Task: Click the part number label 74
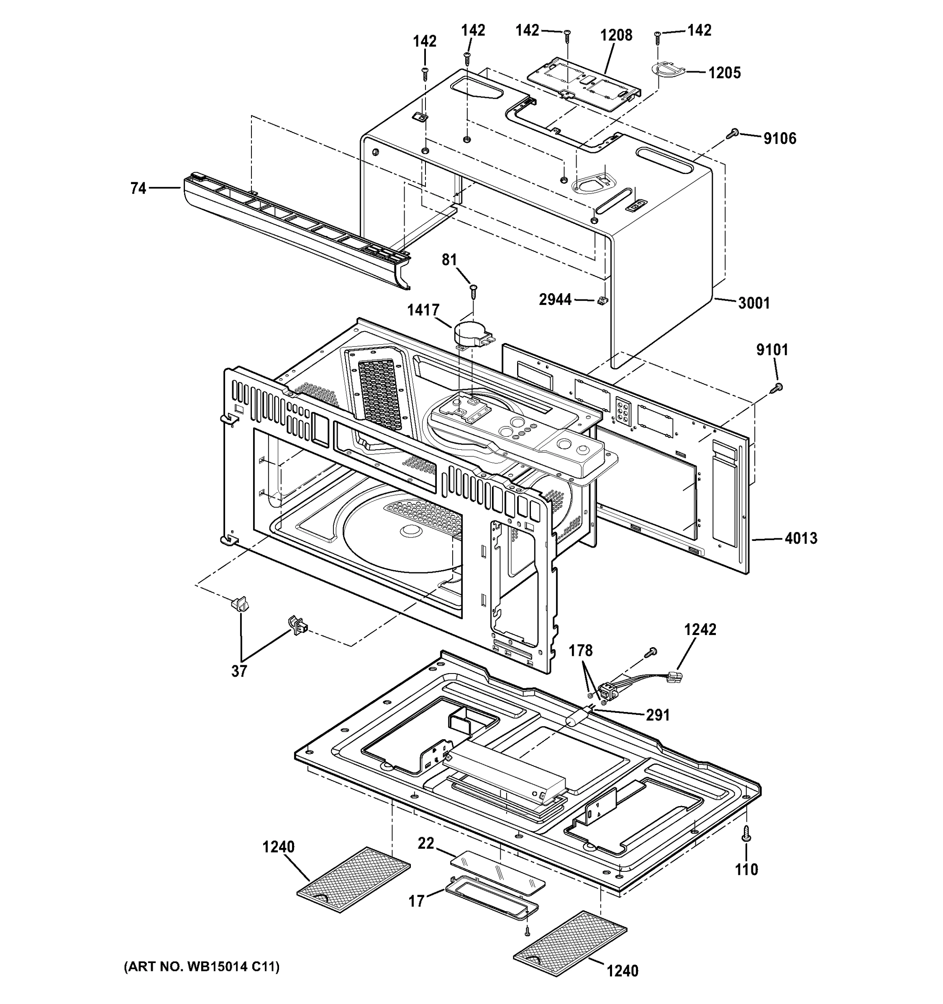click(x=138, y=188)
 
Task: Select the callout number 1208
click(x=616, y=36)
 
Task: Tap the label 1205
click(x=724, y=73)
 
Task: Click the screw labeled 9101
click(x=777, y=387)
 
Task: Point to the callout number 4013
click(x=801, y=538)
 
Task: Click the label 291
click(x=658, y=715)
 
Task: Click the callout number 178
click(x=580, y=651)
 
